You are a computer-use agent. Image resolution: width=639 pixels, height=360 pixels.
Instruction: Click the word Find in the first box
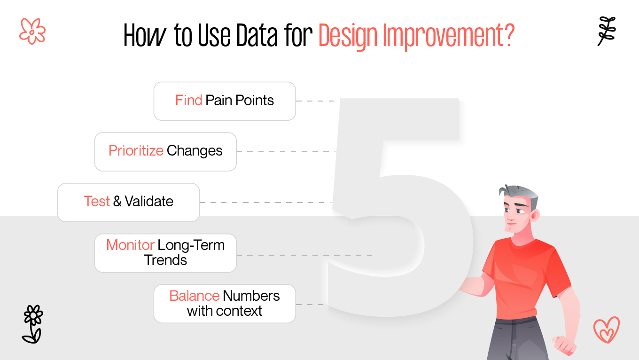pos(188,101)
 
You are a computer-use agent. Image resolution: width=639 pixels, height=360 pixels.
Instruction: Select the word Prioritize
pos(136,151)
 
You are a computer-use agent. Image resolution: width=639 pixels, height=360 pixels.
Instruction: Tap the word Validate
pos(149,202)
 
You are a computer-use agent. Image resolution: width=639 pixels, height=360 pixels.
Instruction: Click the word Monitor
pos(130,245)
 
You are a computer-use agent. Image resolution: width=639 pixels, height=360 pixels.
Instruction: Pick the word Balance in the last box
pos(194,296)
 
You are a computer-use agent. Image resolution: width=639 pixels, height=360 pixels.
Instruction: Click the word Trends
pos(165,260)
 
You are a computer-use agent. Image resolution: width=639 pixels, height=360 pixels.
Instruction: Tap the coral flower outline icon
pos(32,31)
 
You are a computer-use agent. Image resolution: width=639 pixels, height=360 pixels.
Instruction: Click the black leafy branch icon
pos(606,31)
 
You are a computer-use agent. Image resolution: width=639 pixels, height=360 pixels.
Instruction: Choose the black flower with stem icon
pos(32,323)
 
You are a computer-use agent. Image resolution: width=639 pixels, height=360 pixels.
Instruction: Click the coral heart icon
pos(606,330)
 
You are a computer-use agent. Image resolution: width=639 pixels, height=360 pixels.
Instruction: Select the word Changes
pos(195,151)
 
